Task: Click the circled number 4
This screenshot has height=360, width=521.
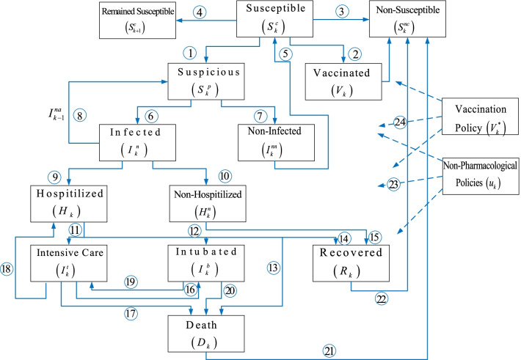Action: (200, 12)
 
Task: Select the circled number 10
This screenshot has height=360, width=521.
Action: (225, 177)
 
